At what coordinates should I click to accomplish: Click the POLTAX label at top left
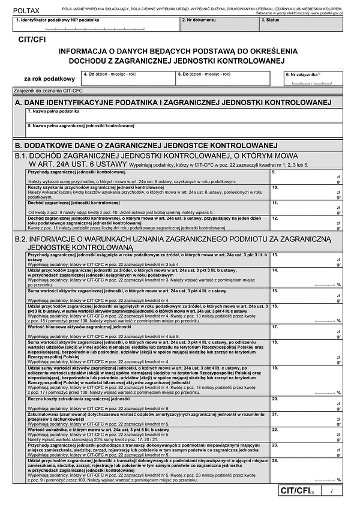tap(25, 10)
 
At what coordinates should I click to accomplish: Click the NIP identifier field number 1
tap(96, 25)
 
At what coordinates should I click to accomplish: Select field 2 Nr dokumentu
tap(220, 25)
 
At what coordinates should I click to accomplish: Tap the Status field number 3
tap(301, 25)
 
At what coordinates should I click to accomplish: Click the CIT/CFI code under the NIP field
tap(32, 40)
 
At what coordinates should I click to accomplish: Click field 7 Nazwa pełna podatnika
tap(184, 116)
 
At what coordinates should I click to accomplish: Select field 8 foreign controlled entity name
tap(184, 130)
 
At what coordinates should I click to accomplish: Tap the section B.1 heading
tap(162, 160)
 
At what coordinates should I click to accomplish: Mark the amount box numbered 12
tap(307, 223)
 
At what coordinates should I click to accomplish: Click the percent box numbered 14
tap(307, 277)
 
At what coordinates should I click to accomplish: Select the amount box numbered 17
tap(307, 331)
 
